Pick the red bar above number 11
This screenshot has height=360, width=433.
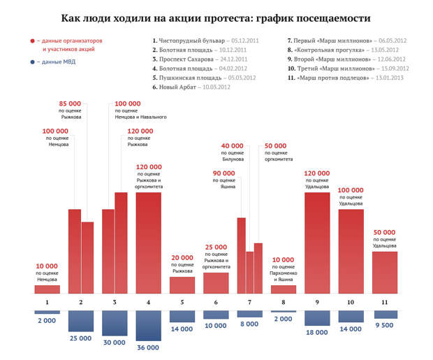pos(385,272)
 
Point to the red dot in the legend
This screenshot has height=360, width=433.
pos(32,41)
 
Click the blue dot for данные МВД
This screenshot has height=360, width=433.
pos(32,62)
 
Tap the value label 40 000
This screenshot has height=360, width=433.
pos(233,146)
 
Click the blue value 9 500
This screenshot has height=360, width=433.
pos(385,325)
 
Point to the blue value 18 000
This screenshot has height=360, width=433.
pos(318,332)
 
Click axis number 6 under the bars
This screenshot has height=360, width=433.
pos(216,302)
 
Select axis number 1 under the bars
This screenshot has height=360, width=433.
pos(47,302)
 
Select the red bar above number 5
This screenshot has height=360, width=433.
pos(182,285)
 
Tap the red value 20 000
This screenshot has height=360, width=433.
pos(182,257)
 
